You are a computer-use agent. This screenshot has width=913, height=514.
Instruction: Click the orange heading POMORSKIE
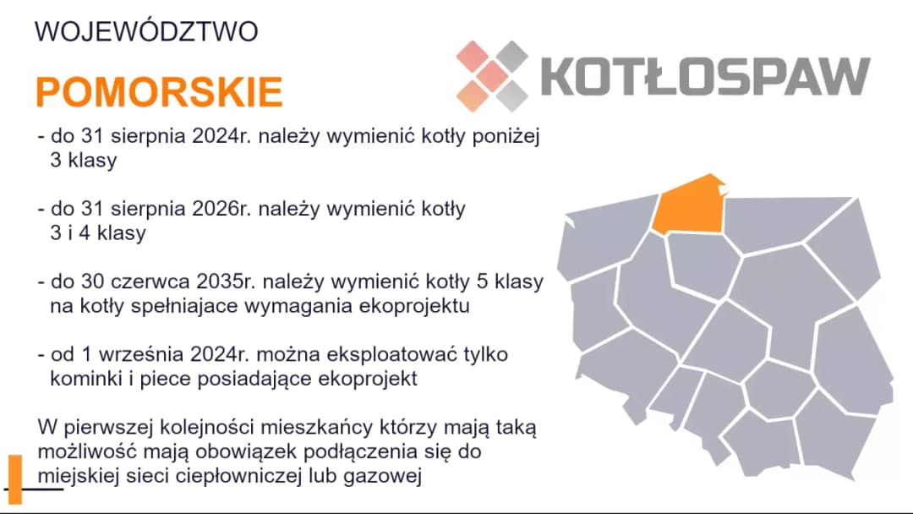pos(159,91)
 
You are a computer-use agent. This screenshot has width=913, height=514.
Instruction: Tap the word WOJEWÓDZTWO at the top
pos(146,32)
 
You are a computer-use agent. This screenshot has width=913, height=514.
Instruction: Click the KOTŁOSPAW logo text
pos(705,76)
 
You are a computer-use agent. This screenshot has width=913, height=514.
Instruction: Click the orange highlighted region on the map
pos(689,205)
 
